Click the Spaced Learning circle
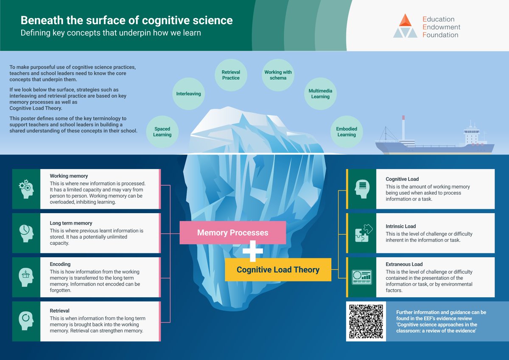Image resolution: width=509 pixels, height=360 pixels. tap(162, 132)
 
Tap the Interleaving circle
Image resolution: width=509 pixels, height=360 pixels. tap(188, 93)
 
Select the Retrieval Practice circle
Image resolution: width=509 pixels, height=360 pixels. tap(231, 75)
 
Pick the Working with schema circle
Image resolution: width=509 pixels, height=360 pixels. tap(278, 75)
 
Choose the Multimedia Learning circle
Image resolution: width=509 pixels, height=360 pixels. tap(320, 94)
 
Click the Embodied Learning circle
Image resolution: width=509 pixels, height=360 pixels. tap(347, 132)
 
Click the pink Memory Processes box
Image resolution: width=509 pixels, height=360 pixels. tap(232, 233)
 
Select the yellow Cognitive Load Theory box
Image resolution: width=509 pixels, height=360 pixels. tap(278, 269)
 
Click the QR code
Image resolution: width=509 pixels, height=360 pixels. tap(366, 321)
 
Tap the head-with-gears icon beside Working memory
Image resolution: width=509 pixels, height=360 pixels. tap(26, 189)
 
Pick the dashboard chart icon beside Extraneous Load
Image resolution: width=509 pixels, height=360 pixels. tap(361, 277)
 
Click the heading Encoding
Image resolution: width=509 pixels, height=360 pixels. tap(60, 264)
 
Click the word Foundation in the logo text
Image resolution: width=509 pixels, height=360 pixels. tap(440, 35)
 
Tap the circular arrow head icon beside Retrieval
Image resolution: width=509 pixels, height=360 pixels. tap(26, 321)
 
